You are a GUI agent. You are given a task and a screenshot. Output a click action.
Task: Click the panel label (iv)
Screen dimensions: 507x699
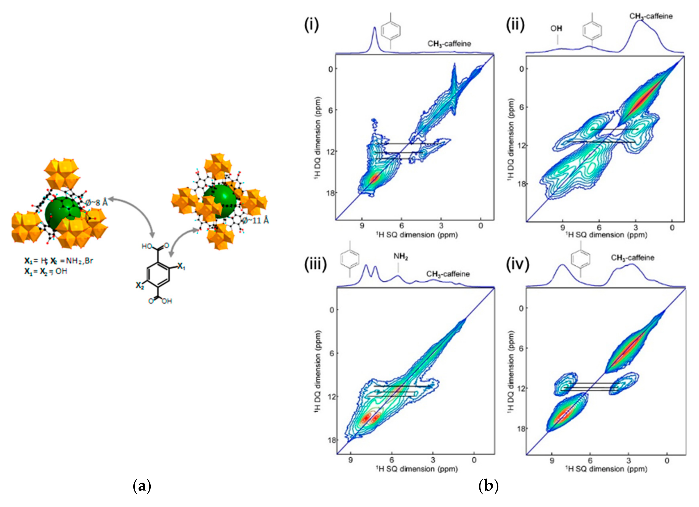coord(518,264)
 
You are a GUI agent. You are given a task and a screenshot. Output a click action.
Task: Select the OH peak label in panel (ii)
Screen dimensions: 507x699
coord(556,29)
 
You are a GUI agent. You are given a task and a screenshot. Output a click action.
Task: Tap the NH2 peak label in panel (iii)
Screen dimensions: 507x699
coord(401,257)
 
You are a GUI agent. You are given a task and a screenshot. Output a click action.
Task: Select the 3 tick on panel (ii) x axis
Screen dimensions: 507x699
coord(636,228)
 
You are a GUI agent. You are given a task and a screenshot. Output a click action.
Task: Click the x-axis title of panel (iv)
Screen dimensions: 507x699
coord(606,469)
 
